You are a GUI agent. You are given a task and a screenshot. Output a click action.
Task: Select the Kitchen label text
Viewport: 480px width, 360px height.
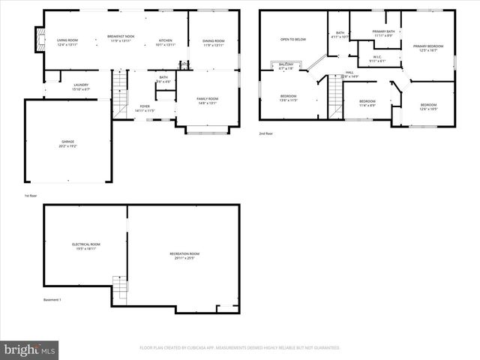click(165, 41)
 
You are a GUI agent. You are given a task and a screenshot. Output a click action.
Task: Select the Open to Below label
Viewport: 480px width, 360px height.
click(293, 39)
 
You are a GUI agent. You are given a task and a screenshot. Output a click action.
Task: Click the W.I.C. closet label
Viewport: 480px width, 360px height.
click(377, 58)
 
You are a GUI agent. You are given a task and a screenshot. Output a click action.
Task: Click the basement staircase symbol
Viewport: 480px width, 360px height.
click(120, 286)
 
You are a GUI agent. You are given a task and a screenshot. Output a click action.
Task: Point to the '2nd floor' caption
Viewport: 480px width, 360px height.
click(266, 133)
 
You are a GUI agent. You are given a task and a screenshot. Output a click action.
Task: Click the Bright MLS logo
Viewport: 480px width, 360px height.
click(30, 349)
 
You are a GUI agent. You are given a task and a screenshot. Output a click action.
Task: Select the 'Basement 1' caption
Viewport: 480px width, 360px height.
click(52, 300)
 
